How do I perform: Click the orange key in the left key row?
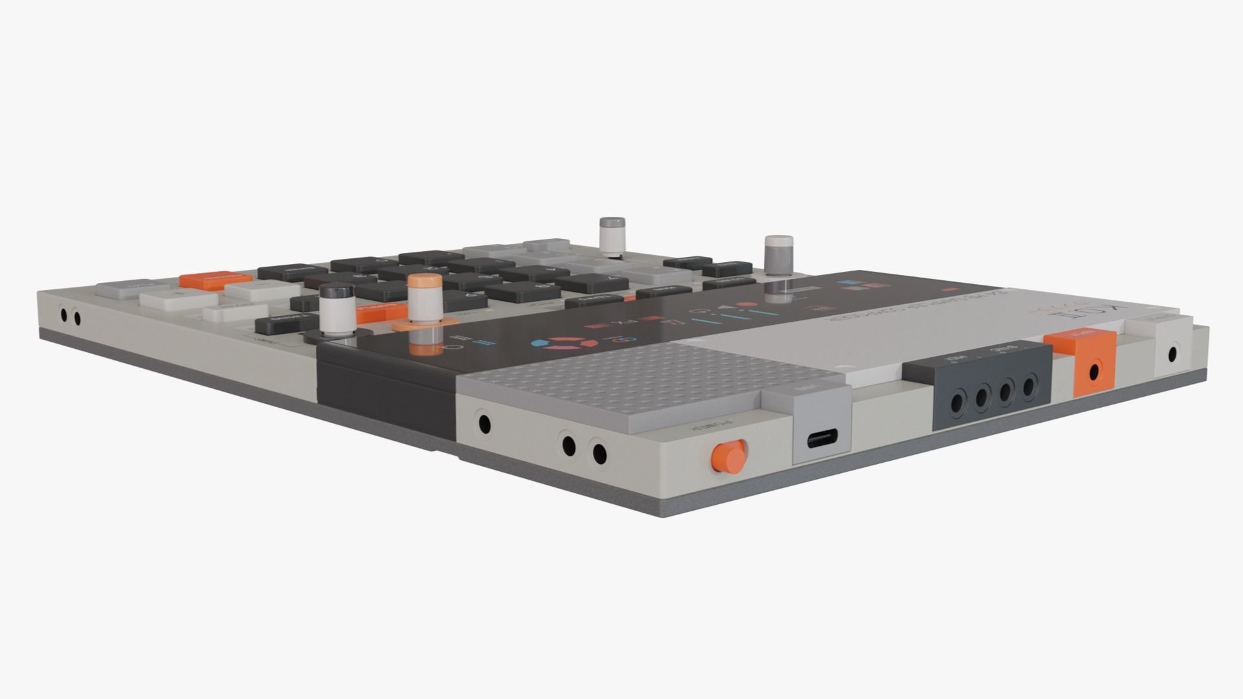(x=207, y=280)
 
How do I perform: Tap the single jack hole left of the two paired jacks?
(x=484, y=425)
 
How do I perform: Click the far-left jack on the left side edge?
(x=64, y=315)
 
